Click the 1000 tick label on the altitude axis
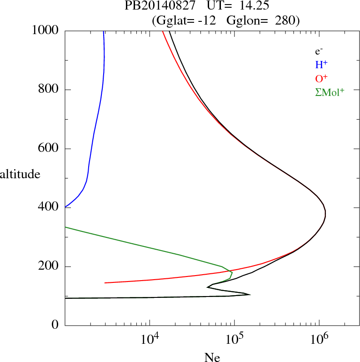pos(45,30)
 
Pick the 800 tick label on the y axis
pos(50,90)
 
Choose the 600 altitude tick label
pos(50,149)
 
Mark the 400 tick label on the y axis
pos(50,208)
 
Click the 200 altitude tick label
pos(50,266)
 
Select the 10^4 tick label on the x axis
pos(150,339)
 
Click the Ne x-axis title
pos(212,357)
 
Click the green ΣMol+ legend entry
pos(330,92)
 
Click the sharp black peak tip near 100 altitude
pos(249,295)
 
